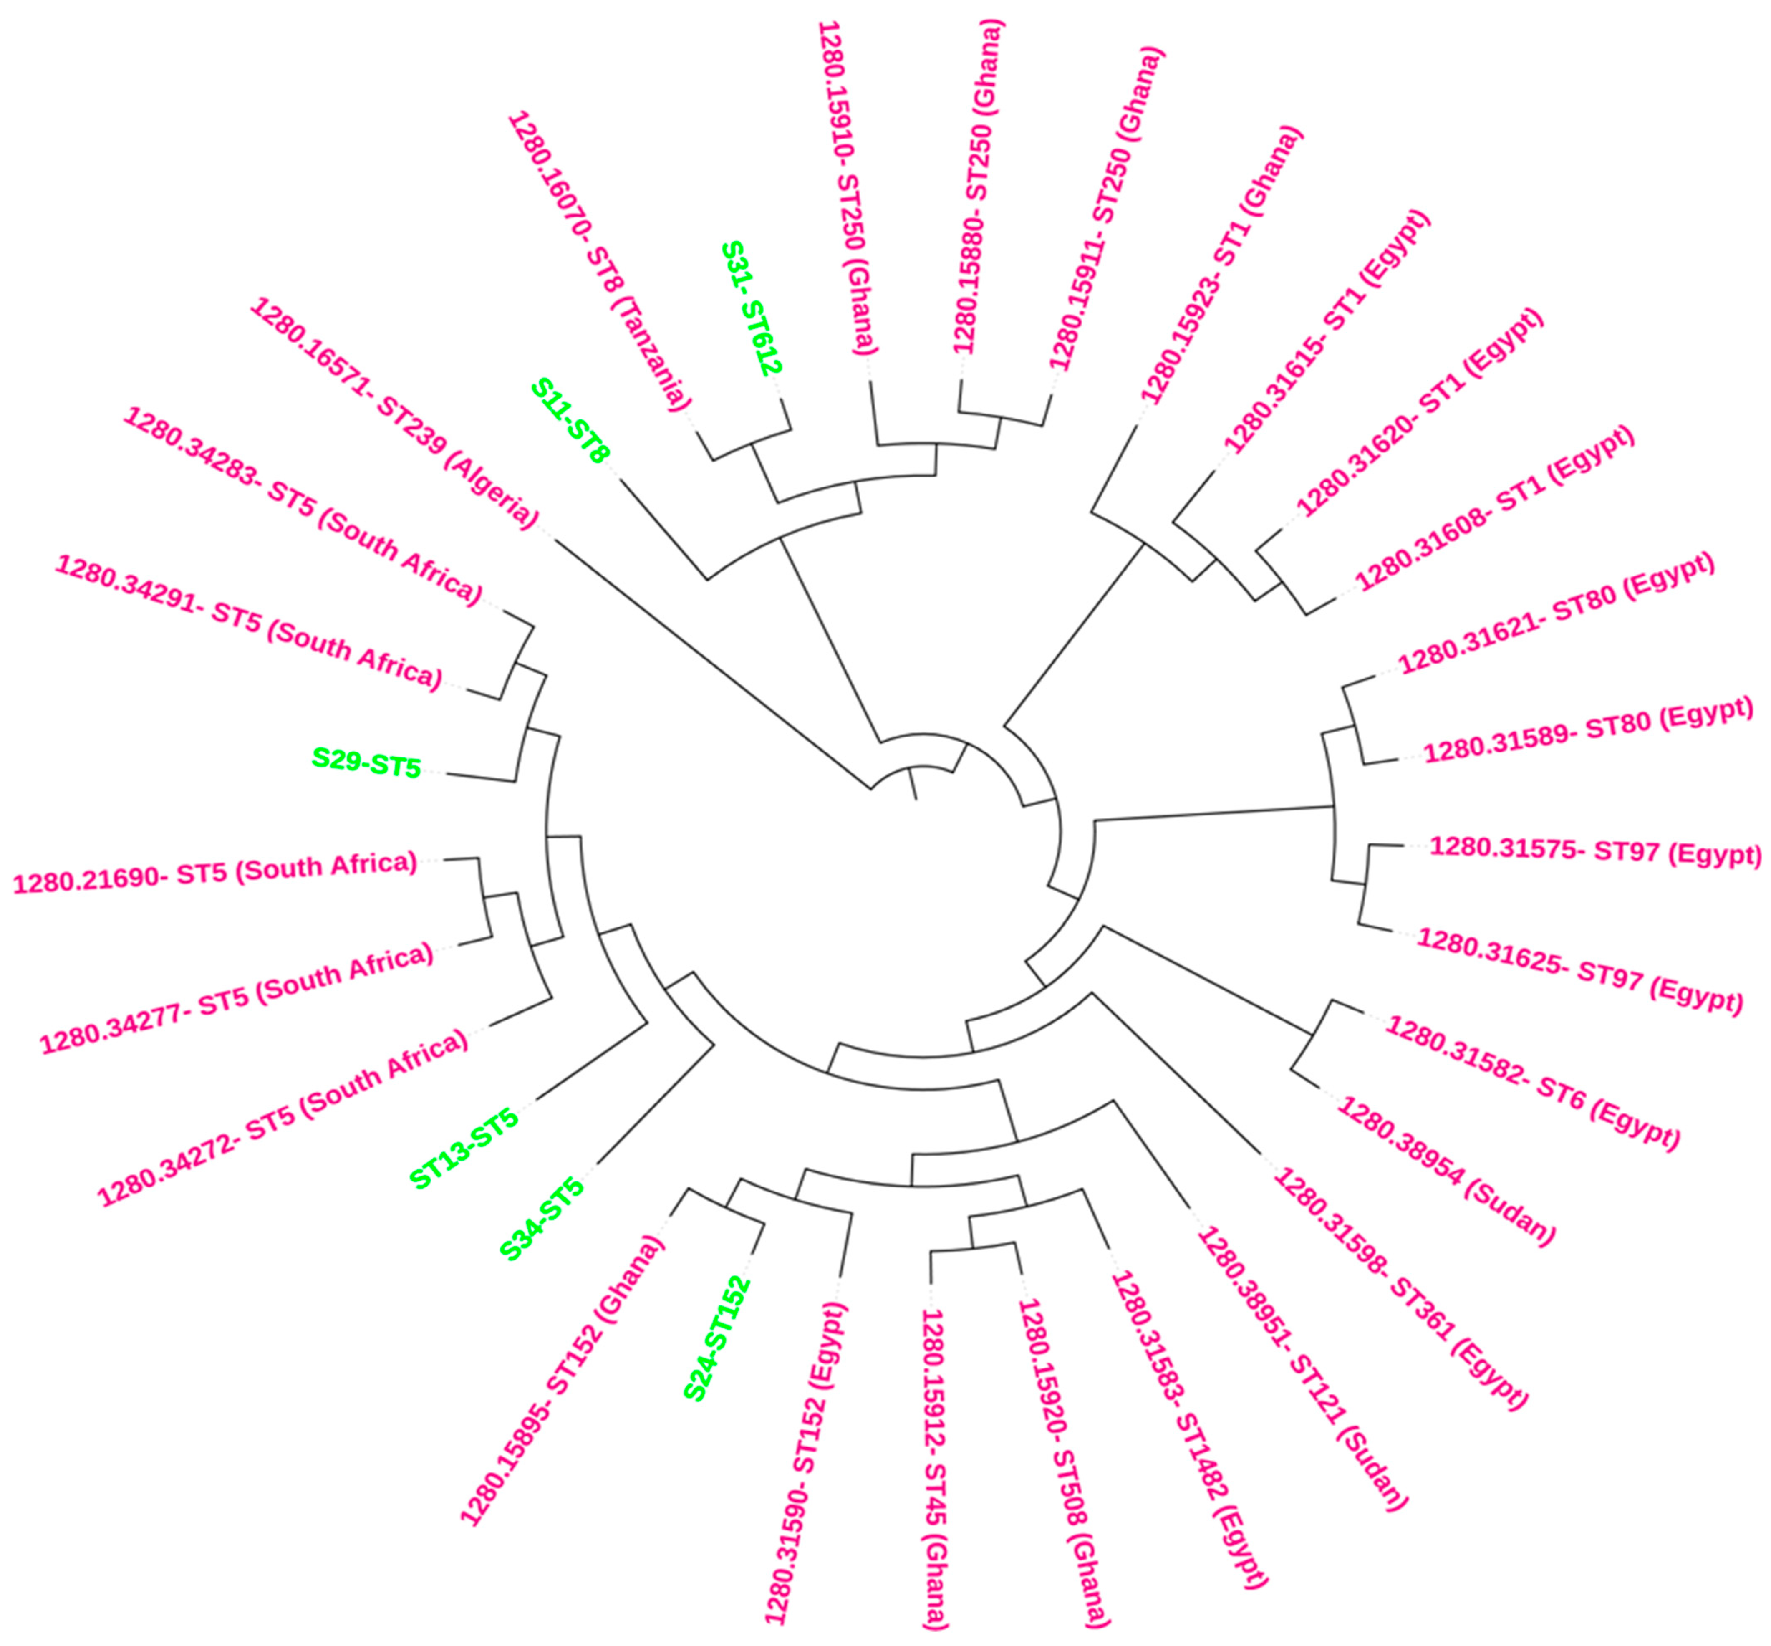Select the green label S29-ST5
(x=366, y=763)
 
